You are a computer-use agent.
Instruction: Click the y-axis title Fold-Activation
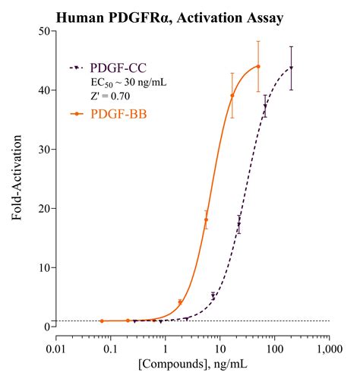(17, 179)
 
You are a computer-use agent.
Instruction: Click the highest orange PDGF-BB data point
(258, 66)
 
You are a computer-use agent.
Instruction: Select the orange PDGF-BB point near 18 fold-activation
(206, 220)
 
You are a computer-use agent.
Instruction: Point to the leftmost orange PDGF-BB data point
(102, 321)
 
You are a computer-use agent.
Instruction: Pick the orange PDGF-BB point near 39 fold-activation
(232, 96)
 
